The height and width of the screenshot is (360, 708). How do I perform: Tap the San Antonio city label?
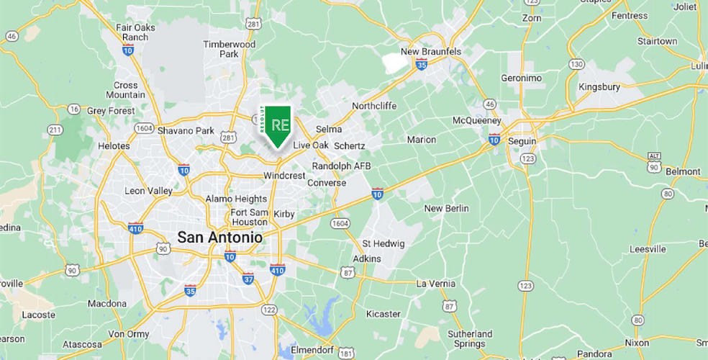(219, 236)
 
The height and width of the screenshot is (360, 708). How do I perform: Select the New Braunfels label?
(430, 51)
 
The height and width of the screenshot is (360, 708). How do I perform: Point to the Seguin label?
(522, 141)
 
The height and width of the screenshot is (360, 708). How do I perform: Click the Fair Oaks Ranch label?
(135, 32)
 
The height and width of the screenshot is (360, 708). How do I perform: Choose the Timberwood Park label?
(229, 49)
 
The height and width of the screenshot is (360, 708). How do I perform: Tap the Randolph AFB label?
(341, 166)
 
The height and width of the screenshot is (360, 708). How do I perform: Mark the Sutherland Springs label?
(470, 339)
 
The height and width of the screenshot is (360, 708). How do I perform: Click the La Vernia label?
(435, 284)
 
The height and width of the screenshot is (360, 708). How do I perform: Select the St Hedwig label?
(383, 243)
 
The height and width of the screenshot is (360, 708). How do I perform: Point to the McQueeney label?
(476, 120)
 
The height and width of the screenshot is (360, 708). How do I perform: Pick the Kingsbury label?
(599, 87)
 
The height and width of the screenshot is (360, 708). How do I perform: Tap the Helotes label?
(114, 145)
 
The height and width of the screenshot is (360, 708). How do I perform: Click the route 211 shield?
(55, 130)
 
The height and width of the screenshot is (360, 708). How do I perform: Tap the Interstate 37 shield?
(248, 278)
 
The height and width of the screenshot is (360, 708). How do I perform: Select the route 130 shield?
(576, 64)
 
